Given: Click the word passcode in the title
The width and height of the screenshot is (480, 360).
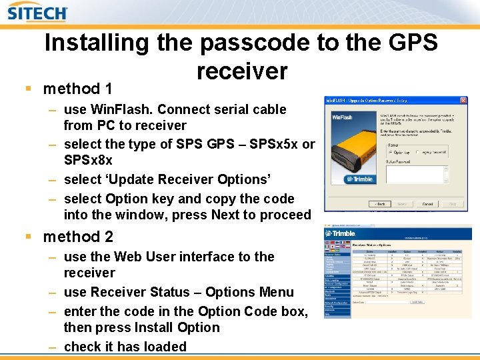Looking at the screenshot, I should coord(257,43).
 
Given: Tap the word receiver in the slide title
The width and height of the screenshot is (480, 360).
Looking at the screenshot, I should coord(242,71).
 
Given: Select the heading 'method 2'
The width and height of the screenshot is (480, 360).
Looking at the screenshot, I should coord(78,237).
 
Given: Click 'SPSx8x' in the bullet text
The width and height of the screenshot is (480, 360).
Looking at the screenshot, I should coord(88,161).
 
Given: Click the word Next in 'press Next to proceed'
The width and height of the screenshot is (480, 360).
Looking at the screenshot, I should coord(227,215).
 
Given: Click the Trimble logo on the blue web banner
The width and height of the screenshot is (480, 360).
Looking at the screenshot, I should coord(341,233).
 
